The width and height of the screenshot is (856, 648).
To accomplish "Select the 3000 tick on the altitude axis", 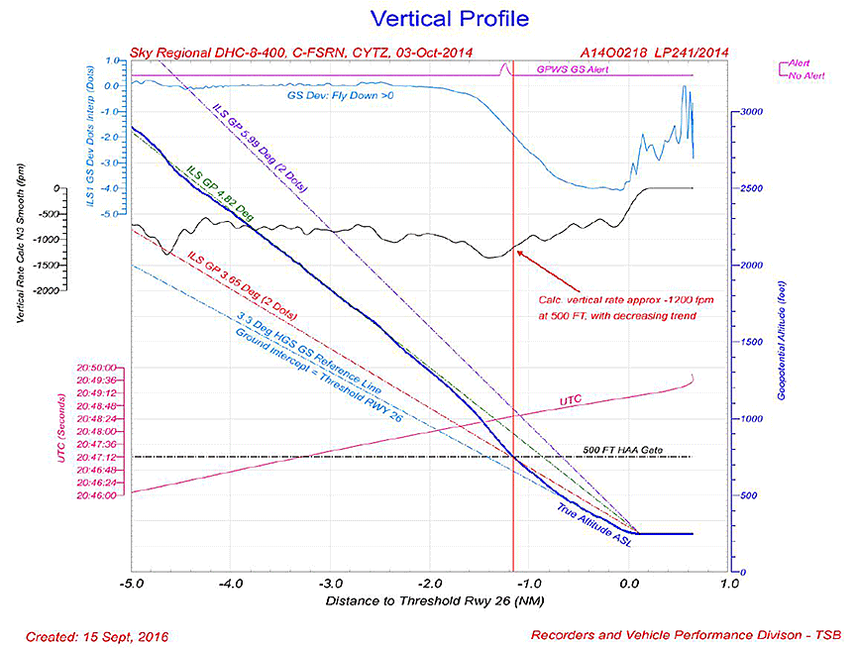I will pos(751,112).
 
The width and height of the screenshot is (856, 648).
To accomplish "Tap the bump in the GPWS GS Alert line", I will pos(504,67).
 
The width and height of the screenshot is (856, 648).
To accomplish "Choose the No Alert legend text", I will pos(809,73).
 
